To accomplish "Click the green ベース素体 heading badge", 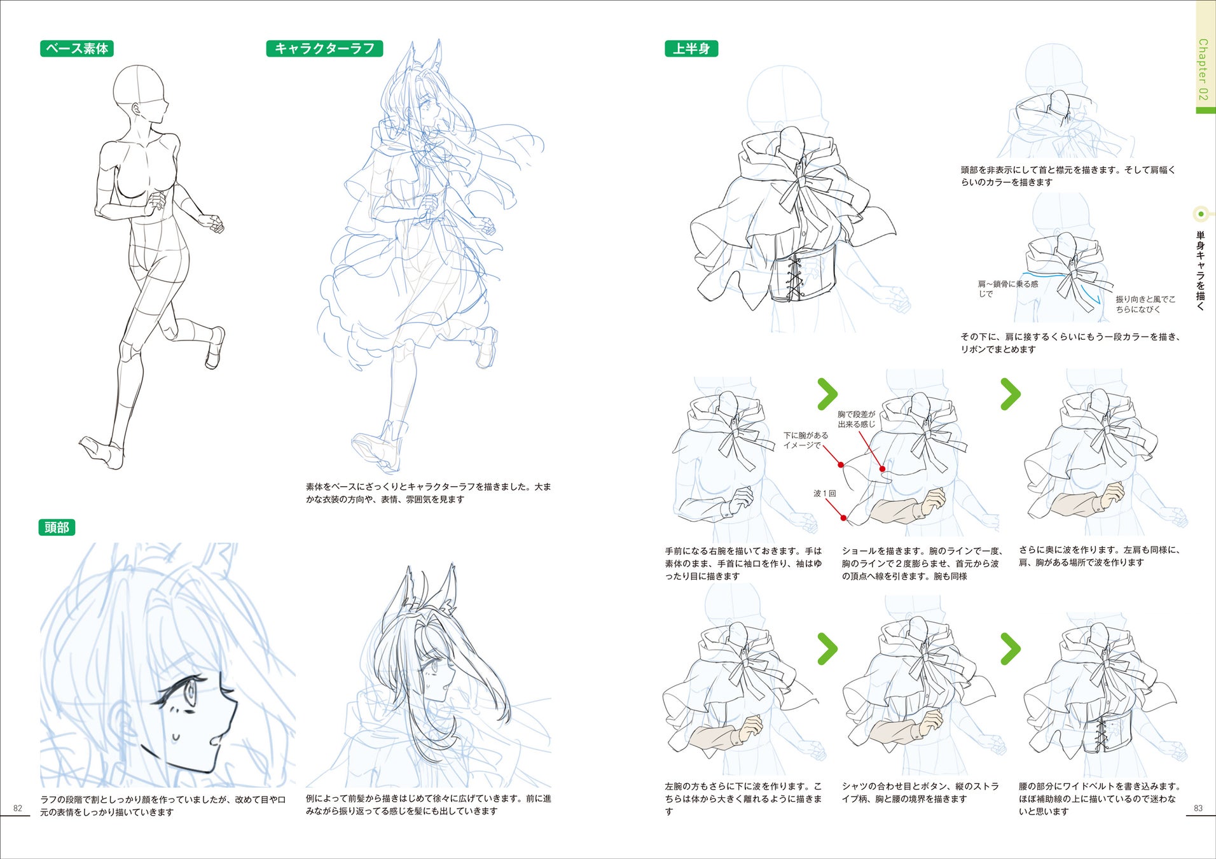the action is pos(77,48).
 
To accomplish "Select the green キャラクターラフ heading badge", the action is pos(324,48).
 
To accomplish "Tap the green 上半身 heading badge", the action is pos(691,48).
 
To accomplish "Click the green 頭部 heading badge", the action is pos(57,527).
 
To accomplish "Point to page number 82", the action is pos(18,808).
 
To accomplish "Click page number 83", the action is pos(1198,808).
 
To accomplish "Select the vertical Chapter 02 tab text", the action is pos(1203,69).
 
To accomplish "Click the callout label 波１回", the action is pos(825,493).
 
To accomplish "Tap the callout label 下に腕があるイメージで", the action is pos(806,440).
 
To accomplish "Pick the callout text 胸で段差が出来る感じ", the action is pos(857,419).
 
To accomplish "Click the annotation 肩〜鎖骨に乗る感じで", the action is pos(1008,289).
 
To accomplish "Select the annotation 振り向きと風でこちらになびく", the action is pos(1145,304).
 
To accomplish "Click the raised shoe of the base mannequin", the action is pos(216,347).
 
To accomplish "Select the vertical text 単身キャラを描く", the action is pos(1201,270).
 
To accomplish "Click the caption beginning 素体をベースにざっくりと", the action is pos(428,493).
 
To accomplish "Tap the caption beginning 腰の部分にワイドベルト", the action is pos(1100,799).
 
